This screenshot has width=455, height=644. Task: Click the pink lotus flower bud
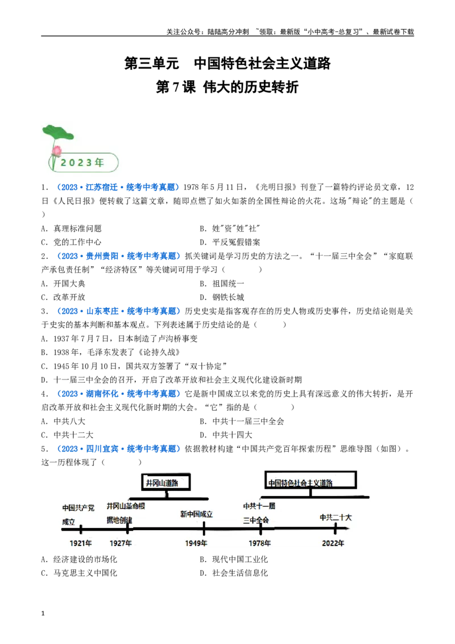[x=57, y=151]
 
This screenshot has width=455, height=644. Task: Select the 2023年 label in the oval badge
[x=82, y=163]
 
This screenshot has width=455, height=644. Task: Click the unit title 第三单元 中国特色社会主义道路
[x=227, y=63]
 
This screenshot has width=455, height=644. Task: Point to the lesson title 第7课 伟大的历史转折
[x=227, y=87]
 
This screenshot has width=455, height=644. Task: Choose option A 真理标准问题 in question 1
[x=71, y=228]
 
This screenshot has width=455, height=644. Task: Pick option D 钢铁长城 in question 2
[x=222, y=297]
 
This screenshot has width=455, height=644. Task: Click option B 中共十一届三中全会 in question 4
[x=242, y=421]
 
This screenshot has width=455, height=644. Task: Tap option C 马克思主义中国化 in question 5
[x=79, y=573]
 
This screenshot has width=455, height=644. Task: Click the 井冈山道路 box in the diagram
[x=166, y=482]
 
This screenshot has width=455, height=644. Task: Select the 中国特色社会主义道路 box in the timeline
[x=311, y=481]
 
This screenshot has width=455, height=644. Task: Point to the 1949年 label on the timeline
[x=196, y=543]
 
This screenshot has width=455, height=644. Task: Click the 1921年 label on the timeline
[x=81, y=543]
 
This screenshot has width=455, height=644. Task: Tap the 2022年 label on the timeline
[x=333, y=543]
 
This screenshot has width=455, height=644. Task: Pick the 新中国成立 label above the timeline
[x=196, y=514]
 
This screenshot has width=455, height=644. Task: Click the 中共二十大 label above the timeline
[x=336, y=518]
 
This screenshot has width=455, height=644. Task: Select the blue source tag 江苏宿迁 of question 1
[x=101, y=187]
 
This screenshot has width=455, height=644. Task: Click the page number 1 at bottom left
[x=43, y=614]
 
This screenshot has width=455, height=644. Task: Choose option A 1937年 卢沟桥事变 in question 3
[x=119, y=338]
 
